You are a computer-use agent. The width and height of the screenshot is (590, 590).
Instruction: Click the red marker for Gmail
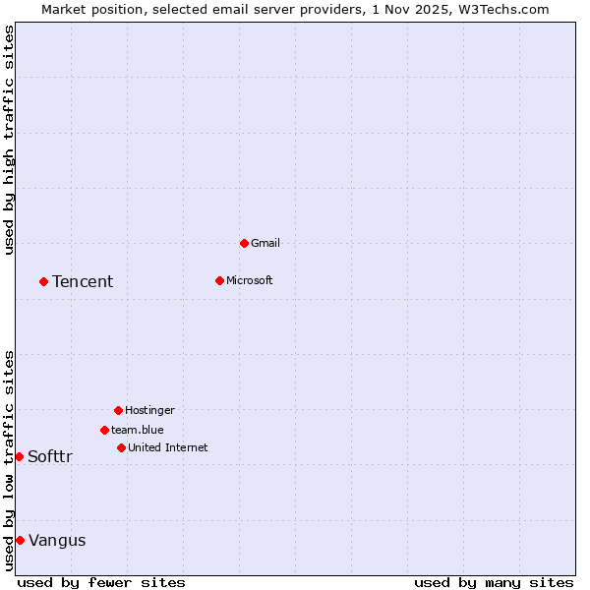pos(244,243)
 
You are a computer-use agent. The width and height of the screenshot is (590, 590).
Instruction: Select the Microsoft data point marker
pos(219,280)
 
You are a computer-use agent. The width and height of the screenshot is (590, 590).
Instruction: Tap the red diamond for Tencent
pos(43,281)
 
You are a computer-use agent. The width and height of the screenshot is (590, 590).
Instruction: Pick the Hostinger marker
pos(118,410)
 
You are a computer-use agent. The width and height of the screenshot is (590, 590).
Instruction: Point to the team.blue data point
pos(104,430)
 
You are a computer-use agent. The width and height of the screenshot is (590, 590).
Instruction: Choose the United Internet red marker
pos(121,447)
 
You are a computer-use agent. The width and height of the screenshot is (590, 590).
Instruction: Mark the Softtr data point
pos(19,456)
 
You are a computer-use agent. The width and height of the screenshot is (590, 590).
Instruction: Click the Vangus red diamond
pos(20,540)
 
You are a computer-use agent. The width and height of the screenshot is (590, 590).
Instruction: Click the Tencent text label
pos(83,282)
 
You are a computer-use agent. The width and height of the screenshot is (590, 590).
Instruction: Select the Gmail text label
pos(265,243)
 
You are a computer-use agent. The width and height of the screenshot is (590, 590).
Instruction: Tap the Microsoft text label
pos(249,280)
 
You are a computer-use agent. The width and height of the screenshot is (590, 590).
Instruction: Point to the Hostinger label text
pos(149,410)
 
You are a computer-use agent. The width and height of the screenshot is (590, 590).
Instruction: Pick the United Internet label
pos(167,447)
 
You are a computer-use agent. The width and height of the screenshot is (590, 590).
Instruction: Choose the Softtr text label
pos(50,456)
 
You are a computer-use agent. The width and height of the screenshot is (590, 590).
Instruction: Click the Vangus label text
pos(57,540)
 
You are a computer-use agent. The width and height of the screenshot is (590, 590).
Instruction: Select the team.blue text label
pos(137,430)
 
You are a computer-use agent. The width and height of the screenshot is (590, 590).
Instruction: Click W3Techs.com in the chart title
pos(502,9)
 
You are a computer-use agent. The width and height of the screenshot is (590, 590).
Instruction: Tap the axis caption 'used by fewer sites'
pos(101,582)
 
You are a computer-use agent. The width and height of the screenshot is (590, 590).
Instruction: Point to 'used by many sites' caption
pos(494,582)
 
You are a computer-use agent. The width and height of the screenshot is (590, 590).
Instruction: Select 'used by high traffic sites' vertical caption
pos(9,140)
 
